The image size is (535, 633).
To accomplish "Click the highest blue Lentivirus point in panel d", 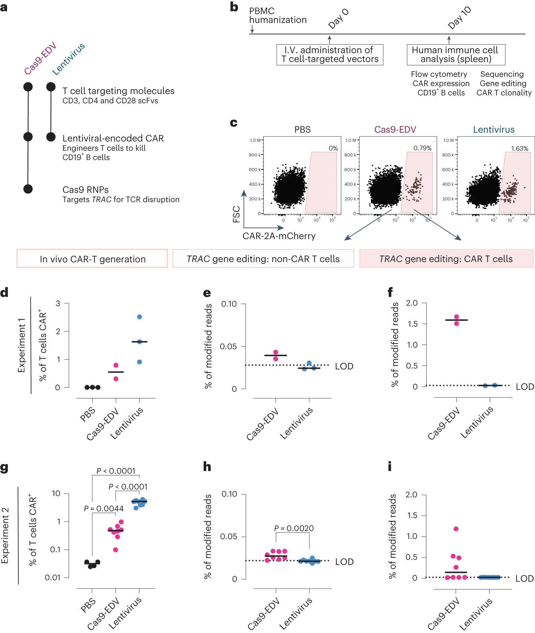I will [139, 317].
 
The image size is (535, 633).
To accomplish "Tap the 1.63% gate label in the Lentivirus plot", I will [519, 148].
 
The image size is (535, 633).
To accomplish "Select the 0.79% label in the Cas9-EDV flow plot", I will [422, 148].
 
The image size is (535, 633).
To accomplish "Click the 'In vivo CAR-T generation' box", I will [92, 259].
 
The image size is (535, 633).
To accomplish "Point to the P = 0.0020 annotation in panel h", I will [294, 528].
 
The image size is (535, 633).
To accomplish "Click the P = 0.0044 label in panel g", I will [104, 508].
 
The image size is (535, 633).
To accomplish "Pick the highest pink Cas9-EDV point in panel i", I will [456, 529].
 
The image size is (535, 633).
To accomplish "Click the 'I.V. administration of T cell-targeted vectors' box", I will [330, 55].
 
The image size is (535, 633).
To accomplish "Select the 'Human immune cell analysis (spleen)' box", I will [456, 55].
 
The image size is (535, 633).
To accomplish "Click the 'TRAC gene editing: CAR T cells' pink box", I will [446, 259].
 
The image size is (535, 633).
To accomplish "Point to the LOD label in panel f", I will [525, 387].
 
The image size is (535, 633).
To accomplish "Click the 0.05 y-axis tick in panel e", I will [228, 346].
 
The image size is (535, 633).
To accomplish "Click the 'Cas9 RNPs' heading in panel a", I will [85, 190].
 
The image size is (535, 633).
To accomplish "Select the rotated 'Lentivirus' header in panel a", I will [69, 59].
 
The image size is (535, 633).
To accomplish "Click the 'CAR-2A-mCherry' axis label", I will [279, 236].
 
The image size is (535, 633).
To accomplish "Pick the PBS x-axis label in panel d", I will [88, 415].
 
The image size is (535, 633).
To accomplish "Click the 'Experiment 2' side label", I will [5, 535].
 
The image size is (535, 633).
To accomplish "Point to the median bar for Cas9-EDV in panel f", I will [456, 320].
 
